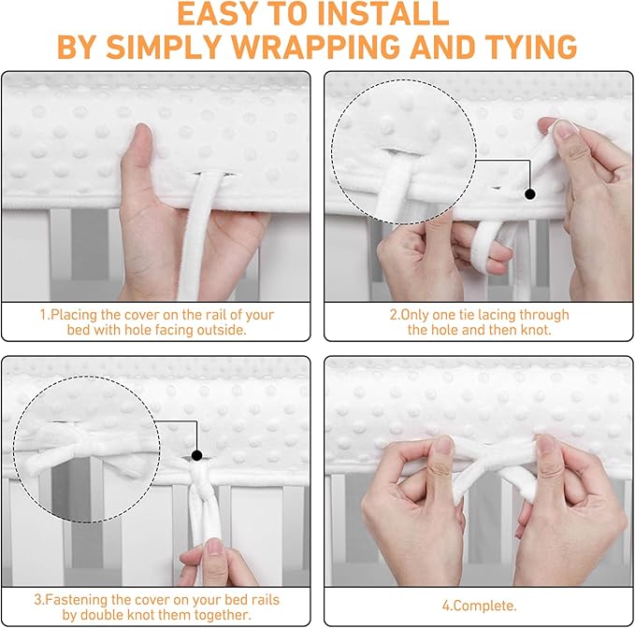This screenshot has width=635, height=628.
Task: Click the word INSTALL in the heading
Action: coord(382,14)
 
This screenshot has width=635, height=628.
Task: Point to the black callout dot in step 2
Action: coord(529,194)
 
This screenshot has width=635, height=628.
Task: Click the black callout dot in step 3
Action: coord(196,456)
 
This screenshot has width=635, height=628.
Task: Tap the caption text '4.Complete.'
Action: coord(479,606)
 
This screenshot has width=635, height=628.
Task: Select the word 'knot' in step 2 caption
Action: coord(535,330)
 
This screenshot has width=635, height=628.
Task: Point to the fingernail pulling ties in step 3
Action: coord(214,547)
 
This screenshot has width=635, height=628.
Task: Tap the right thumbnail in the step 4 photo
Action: coord(545,444)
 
